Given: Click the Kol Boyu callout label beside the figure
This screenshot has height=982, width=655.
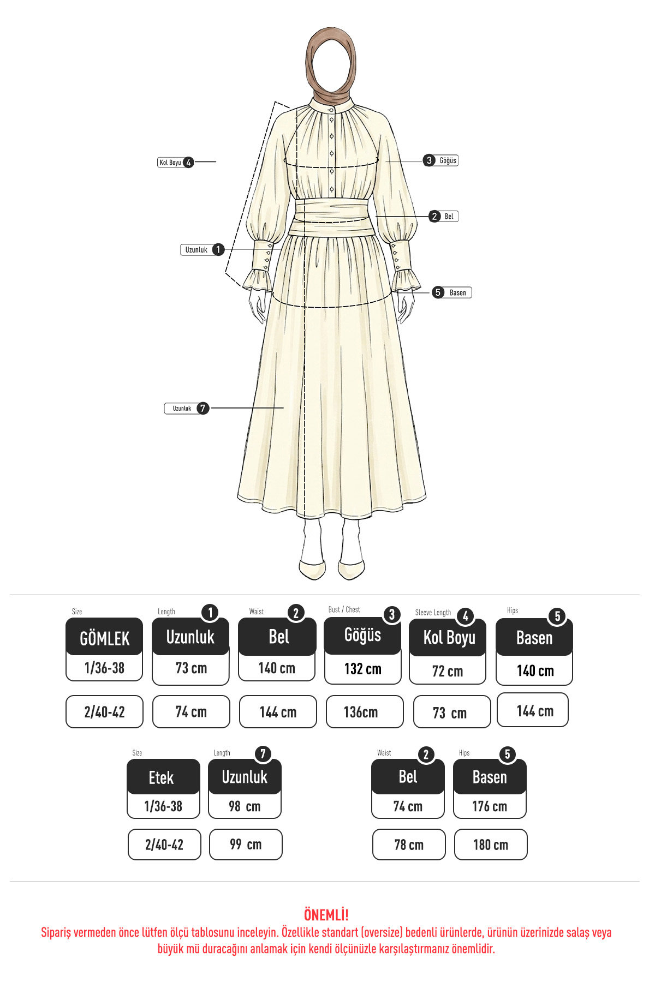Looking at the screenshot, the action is (175, 162).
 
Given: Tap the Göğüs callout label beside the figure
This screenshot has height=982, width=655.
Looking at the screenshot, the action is (440, 160).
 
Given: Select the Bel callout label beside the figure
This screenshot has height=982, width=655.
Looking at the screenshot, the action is (443, 217).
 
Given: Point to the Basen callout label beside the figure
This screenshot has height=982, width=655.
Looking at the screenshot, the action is (452, 292).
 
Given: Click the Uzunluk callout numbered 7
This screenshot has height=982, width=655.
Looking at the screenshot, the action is (187, 408).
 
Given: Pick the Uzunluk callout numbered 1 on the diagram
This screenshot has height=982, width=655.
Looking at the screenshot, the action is (203, 250).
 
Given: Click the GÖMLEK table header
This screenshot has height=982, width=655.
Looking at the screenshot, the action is (104, 637).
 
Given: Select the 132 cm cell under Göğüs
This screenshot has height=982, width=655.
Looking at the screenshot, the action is (363, 669).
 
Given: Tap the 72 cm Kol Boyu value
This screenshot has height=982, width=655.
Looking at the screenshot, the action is (448, 670).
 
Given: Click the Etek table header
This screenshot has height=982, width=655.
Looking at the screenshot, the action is (163, 777).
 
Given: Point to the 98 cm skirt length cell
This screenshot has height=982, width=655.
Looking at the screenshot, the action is (245, 806).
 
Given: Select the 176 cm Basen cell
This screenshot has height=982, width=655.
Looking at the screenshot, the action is (490, 806).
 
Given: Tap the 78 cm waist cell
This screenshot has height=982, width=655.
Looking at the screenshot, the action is (409, 845).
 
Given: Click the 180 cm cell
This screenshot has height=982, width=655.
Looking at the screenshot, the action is (491, 845).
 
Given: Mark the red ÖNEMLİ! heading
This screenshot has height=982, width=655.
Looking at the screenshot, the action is (326, 915).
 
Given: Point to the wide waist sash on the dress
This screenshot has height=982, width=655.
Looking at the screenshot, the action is (332, 217).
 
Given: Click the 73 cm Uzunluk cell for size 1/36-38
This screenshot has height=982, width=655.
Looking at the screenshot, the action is (190, 668).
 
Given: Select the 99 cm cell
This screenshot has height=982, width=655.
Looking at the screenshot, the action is (246, 845).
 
